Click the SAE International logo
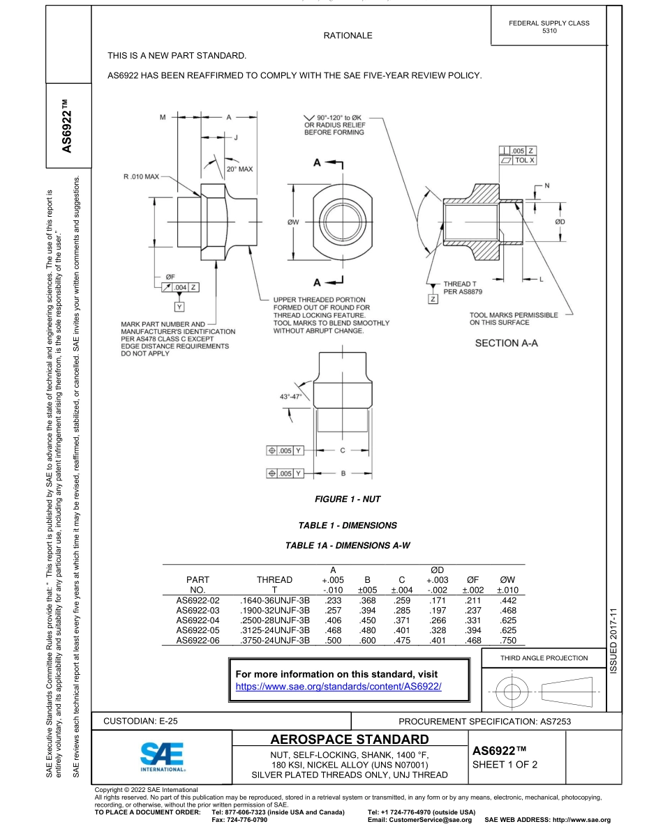tap(162, 756)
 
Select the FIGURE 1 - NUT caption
tap(348, 499)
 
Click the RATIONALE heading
tap(348, 36)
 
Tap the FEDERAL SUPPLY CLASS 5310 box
tap(549, 27)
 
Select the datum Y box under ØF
tap(180, 307)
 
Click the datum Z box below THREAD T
tap(433, 299)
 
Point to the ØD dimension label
tap(560, 221)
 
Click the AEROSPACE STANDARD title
tap(349, 739)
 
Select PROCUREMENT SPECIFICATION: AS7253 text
tap(484, 722)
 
